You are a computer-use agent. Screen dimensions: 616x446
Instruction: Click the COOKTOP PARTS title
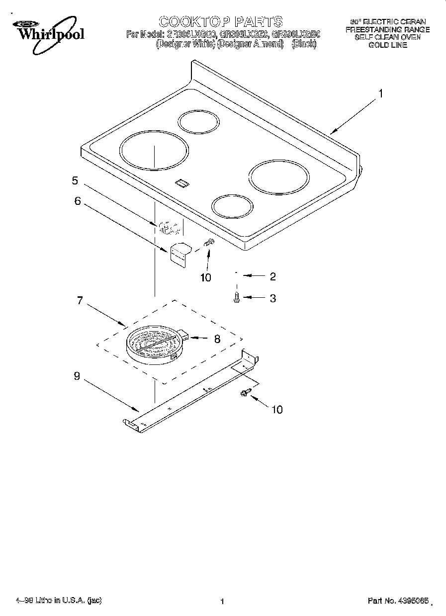point(220,21)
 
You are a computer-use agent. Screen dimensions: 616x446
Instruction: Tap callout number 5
point(75,180)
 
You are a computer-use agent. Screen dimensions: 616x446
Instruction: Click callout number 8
point(217,339)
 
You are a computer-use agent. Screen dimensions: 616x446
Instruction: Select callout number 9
point(77,376)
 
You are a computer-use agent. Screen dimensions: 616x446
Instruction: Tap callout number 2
point(272,276)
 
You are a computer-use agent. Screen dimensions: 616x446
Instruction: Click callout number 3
point(272,298)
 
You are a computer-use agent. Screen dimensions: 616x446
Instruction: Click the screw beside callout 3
point(237,297)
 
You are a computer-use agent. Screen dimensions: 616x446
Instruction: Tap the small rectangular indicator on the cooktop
point(182,183)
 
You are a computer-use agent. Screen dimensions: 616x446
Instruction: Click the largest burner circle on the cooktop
point(155,150)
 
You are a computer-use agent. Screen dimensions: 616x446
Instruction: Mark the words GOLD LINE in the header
point(387,45)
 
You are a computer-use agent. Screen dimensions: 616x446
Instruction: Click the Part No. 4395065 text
point(398,601)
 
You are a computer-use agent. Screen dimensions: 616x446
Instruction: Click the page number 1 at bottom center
point(222,601)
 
